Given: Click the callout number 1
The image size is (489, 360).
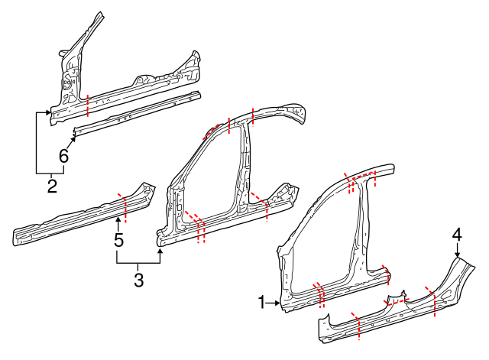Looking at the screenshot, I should pos(262,303).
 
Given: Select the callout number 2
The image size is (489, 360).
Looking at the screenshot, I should pos(52,185).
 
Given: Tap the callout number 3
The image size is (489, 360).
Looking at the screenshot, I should pos(138,280).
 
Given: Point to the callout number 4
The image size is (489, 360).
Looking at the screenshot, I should pos(457,235).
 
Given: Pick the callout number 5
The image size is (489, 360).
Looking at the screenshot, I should pos(118,240).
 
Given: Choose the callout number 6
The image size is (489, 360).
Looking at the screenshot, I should pos(63,156).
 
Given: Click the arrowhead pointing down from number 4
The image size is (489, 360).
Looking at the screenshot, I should pos(457,255).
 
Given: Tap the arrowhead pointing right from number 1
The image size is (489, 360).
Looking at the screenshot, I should pos(279,303).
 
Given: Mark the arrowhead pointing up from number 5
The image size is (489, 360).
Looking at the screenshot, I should pos(118,221).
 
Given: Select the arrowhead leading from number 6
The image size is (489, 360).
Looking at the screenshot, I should pos(74,139).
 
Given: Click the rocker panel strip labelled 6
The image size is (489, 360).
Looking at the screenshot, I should pos(138,112).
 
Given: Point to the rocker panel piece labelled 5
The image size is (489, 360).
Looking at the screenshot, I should pos(76,218).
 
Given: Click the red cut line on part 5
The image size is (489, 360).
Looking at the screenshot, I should pos(125,206).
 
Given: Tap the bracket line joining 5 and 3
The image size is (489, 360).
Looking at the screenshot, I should pos(138,263).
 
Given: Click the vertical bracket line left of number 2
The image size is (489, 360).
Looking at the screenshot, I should pos(37,143).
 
